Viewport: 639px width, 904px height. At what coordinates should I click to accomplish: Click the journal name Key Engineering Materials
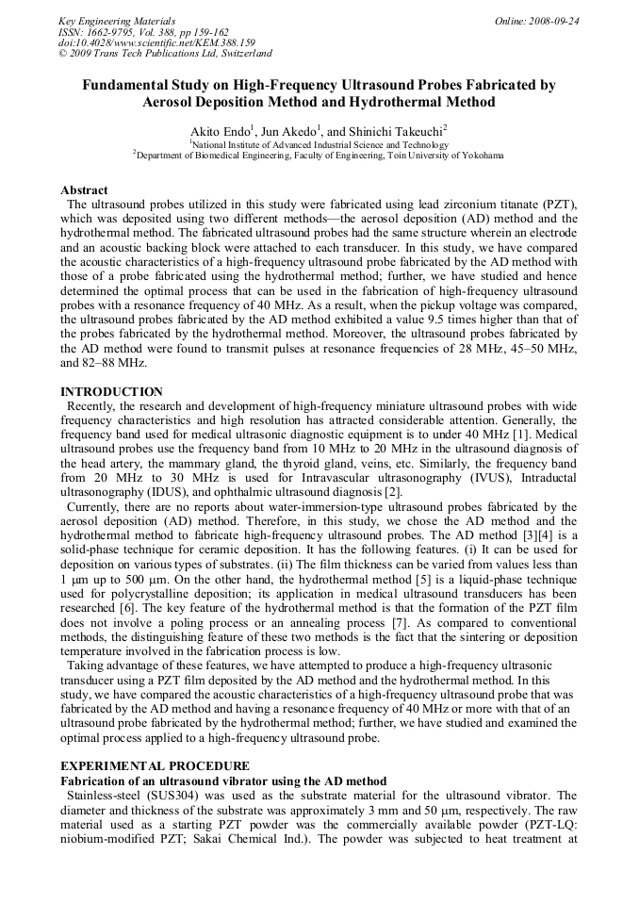[x=116, y=21]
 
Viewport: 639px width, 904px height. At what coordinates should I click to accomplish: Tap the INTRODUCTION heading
[x=111, y=392]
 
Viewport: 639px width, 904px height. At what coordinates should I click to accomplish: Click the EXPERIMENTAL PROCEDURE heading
[x=156, y=766]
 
